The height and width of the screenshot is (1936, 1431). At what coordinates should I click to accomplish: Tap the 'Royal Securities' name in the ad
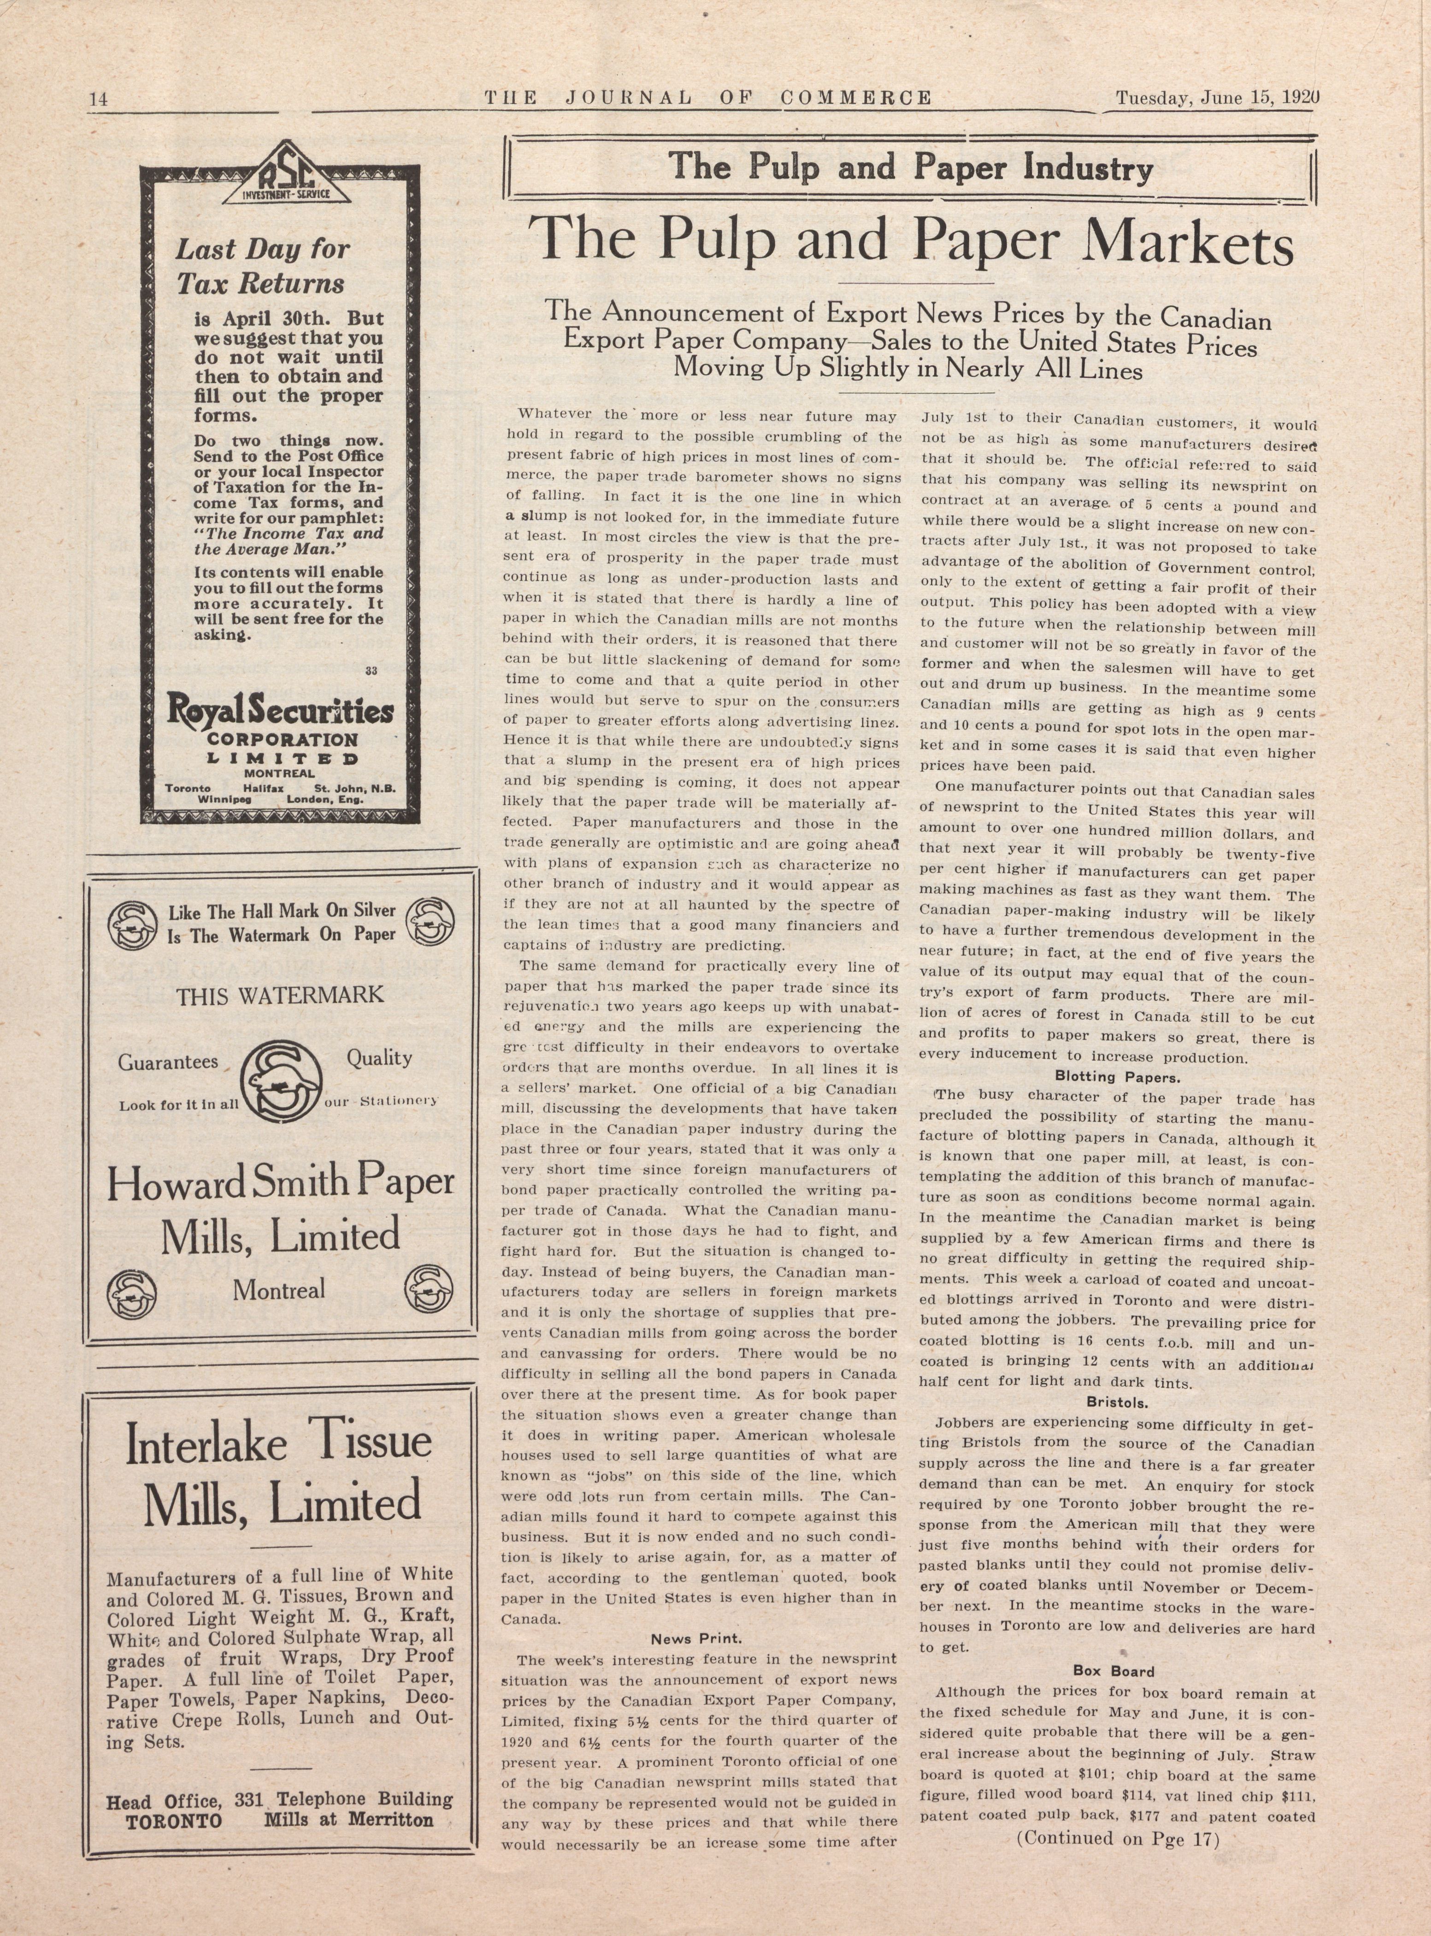(280, 712)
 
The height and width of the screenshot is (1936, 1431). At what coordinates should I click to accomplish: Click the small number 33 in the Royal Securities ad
(371, 670)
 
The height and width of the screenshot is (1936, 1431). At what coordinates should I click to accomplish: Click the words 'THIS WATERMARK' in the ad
(280, 995)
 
